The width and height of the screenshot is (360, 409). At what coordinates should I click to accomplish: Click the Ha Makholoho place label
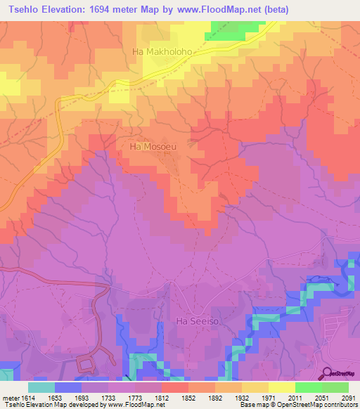coord(162,52)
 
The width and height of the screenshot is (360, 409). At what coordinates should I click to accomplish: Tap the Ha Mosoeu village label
coord(151,147)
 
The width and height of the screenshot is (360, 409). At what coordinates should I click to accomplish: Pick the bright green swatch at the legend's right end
coord(335,387)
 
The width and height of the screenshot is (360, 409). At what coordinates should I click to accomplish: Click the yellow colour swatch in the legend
coord(281,387)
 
